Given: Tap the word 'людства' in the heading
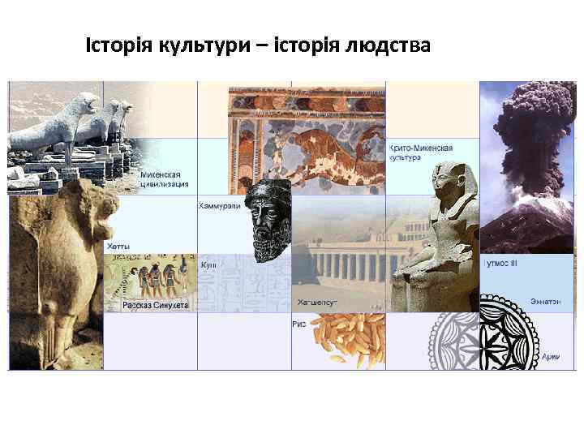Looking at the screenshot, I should [390, 46].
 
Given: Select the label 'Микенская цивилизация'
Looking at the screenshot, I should [165, 178].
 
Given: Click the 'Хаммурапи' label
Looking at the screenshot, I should [219, 206].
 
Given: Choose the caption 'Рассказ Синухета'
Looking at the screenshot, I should [156, 305].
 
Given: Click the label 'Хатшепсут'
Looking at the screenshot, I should [316, 302].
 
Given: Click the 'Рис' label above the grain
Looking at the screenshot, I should [298, 323].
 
